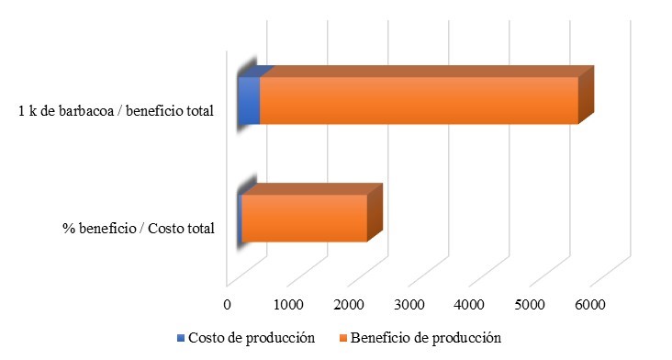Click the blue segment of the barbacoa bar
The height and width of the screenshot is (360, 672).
click(x=248, y=100)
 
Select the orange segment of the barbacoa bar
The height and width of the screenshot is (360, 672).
click(x=418, y=100)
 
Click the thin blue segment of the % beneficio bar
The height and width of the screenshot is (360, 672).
click(x=240, y=219)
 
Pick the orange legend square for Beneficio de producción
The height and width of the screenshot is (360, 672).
click(x=344, y=338)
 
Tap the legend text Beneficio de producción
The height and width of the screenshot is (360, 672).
click(x=427, y=338)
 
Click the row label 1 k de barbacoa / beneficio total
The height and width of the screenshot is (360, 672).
click(x=116, y=111)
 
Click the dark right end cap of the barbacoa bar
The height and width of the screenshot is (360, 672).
click(x=587, y=94)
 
